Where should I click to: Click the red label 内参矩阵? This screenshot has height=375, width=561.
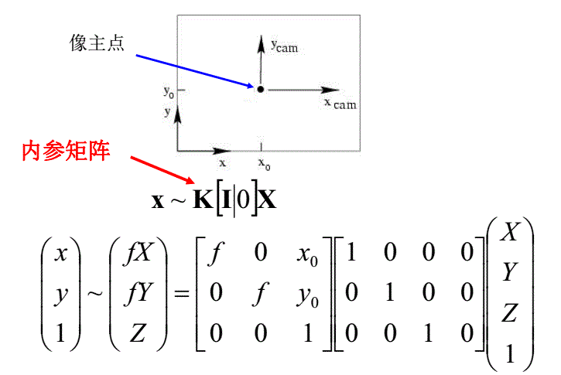[66, 150]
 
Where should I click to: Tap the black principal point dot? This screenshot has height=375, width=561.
[260, 90]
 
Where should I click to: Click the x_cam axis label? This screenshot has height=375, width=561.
[340, 103]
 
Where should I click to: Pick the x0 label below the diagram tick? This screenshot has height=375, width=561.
[264, 163]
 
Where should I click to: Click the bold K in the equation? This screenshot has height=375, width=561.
[203, 200]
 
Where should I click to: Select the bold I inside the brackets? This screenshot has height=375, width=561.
[227, 200]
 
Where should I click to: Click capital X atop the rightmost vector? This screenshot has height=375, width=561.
[510, 232]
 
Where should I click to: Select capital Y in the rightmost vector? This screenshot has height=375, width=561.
[510, 272]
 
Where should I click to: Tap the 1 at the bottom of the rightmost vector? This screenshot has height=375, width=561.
[510, 353]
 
